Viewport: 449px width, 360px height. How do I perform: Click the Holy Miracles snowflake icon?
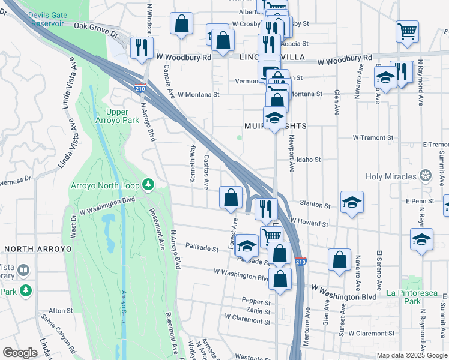pyautogui.click(x=426, y=176)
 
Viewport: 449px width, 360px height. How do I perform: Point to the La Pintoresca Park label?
pyautogui.click(x=411, y=297)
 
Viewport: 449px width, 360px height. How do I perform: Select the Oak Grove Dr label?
pyautogui.click(x=96, y=26)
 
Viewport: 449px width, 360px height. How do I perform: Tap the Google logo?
pyautogui.click(x=20, y=353)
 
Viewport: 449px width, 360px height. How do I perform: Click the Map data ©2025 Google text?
pyautogui.click(x=412, y=355)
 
